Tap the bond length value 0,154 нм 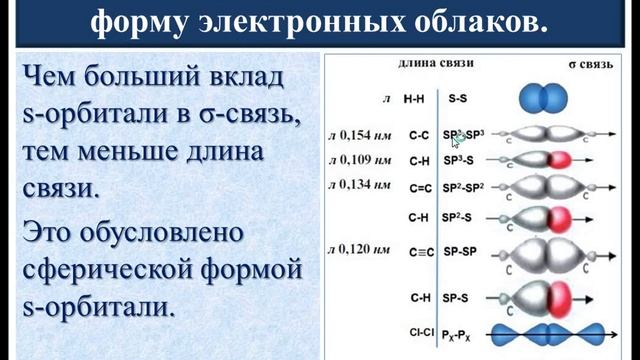367,133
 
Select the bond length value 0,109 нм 367,159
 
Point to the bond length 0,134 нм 367,184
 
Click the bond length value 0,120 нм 367,245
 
